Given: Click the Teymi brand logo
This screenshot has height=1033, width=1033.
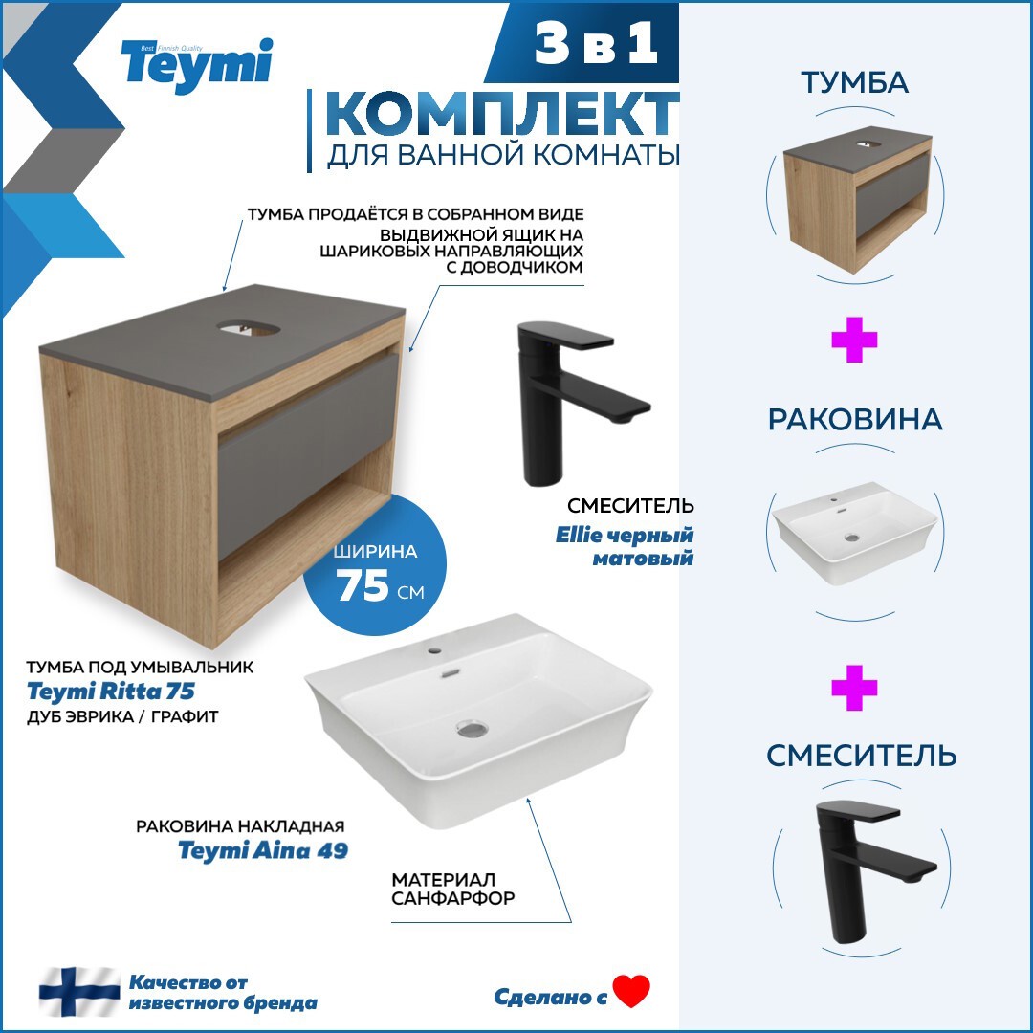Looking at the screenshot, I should (196, 64).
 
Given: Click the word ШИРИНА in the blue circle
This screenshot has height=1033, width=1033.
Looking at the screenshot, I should (376, 552).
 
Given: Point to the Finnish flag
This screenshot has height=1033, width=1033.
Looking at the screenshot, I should (79, 992).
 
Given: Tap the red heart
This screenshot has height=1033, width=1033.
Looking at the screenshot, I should (631, 991).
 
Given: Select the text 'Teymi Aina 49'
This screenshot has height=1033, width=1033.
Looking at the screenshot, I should (263, 849).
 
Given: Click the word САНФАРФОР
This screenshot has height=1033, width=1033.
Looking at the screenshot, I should (453, 898).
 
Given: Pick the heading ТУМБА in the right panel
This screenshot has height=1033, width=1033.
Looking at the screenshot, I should (854, 83).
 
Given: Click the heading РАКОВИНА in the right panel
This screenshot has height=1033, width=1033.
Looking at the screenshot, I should (854, 420).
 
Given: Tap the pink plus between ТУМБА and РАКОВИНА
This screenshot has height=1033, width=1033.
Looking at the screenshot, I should (854, 341).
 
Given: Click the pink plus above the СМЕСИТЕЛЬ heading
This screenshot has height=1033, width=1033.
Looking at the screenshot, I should (854, 688).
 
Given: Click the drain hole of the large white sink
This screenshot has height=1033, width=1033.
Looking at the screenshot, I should (473, 729).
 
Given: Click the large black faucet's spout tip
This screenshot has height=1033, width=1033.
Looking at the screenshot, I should (631, 412).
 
